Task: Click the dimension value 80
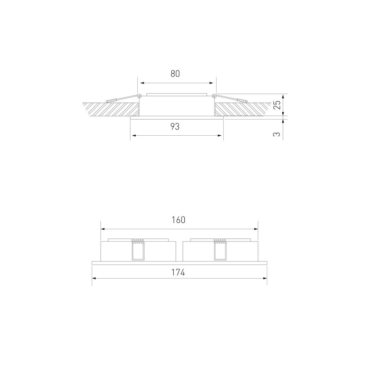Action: tap(175, 74)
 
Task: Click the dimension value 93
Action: tap(175, 127)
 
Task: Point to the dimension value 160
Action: tap(178, 220)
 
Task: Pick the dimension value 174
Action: tap(178, 273)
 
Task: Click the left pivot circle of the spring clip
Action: tap(139, 96)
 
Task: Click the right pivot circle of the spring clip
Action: tap(214, 96)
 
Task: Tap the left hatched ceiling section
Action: tap(110, 109)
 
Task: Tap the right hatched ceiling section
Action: tap(243, 109)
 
